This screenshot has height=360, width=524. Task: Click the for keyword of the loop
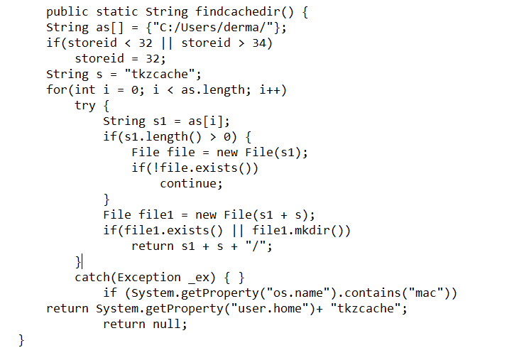pos(57,89)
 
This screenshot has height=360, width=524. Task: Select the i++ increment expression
pos(270,89)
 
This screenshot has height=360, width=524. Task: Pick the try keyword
pos(85,105)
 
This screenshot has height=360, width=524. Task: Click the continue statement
pos(191,183)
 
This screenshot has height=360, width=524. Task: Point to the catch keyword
pos(92,277)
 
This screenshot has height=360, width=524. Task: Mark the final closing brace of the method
pos(21,339)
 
